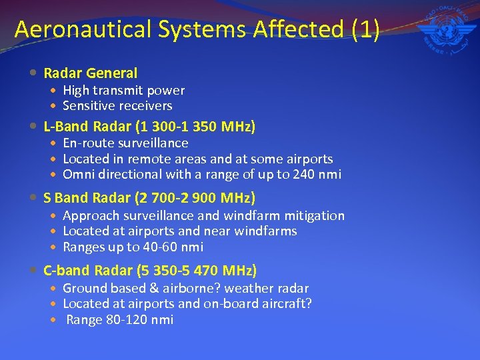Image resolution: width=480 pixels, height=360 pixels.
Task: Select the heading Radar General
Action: [90, 73]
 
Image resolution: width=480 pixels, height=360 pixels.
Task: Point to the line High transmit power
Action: [123, 90]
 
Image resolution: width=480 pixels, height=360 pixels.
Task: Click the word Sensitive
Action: [89, 106]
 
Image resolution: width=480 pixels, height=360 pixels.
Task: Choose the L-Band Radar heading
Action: [149, 126]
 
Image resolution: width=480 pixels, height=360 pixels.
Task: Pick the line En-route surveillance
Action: [125, 143]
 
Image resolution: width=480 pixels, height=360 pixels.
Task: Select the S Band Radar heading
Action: [149, 198]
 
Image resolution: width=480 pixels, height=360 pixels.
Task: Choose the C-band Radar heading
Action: [150, 271]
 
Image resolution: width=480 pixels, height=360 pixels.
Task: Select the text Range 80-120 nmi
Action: [119, 320]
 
